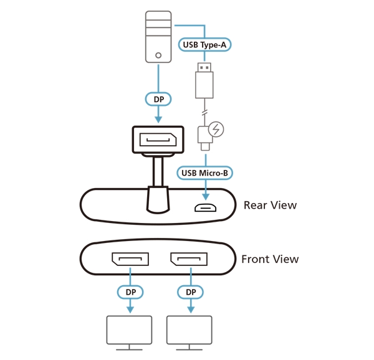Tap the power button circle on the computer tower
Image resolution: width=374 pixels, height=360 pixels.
159,55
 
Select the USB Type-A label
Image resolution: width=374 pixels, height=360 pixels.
205,44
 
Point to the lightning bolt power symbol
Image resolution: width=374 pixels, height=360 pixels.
216,130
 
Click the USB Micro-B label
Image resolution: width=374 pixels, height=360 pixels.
205,173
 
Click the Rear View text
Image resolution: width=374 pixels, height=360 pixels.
270,205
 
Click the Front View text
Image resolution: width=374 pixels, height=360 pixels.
270,259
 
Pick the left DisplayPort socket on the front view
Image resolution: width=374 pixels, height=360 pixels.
130,258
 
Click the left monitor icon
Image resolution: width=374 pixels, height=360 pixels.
129,331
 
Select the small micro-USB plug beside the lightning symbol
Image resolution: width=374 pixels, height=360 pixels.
204,136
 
